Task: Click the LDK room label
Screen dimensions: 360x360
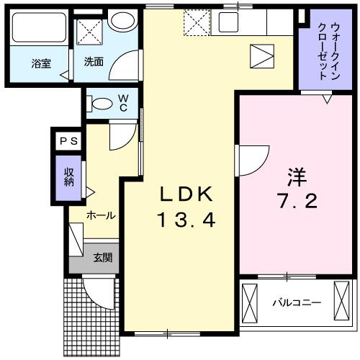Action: [185, 194]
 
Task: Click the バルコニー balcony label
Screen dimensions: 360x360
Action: [295, 302]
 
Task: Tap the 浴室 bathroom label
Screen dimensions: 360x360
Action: [42, 63]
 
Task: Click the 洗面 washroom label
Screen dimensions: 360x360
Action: [94, 63]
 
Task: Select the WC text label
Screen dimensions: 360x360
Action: [123, 102]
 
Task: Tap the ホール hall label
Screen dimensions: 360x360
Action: [102, 215]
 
